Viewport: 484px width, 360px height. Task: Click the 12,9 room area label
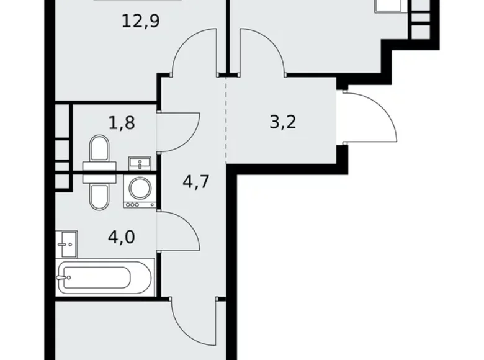(142, 22)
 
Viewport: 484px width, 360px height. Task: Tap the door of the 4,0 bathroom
(179, 229)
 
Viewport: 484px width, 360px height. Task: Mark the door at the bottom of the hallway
(192, 323)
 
